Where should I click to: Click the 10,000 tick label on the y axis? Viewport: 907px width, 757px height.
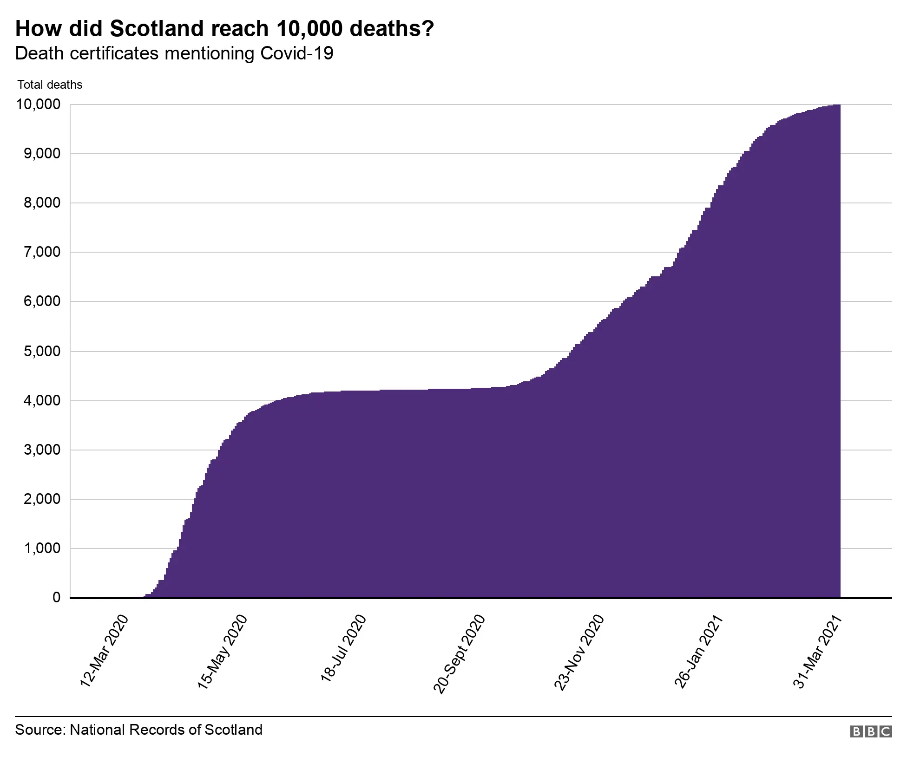point(38,104)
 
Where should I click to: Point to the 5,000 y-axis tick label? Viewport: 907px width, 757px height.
point(42,351)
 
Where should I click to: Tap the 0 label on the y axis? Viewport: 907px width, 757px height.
point(57,597)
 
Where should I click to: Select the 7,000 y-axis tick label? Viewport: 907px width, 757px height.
point(42,252)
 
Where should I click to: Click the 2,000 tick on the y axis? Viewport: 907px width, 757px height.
point(42,499)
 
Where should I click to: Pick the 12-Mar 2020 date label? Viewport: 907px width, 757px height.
point(104,651)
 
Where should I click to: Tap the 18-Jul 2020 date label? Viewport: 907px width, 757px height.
point(343,649)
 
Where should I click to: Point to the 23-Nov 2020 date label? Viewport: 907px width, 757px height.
point(579,653)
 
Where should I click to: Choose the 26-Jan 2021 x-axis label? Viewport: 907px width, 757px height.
point(698,651)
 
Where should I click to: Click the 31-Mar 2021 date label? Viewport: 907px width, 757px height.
point(817,652)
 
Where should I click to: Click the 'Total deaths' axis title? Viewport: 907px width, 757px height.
point(50,85)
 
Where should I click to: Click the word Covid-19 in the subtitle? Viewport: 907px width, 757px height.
point(296,53)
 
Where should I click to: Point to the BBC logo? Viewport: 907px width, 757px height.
point(871,731)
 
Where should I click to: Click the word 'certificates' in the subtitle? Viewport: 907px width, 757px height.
point(114,53)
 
